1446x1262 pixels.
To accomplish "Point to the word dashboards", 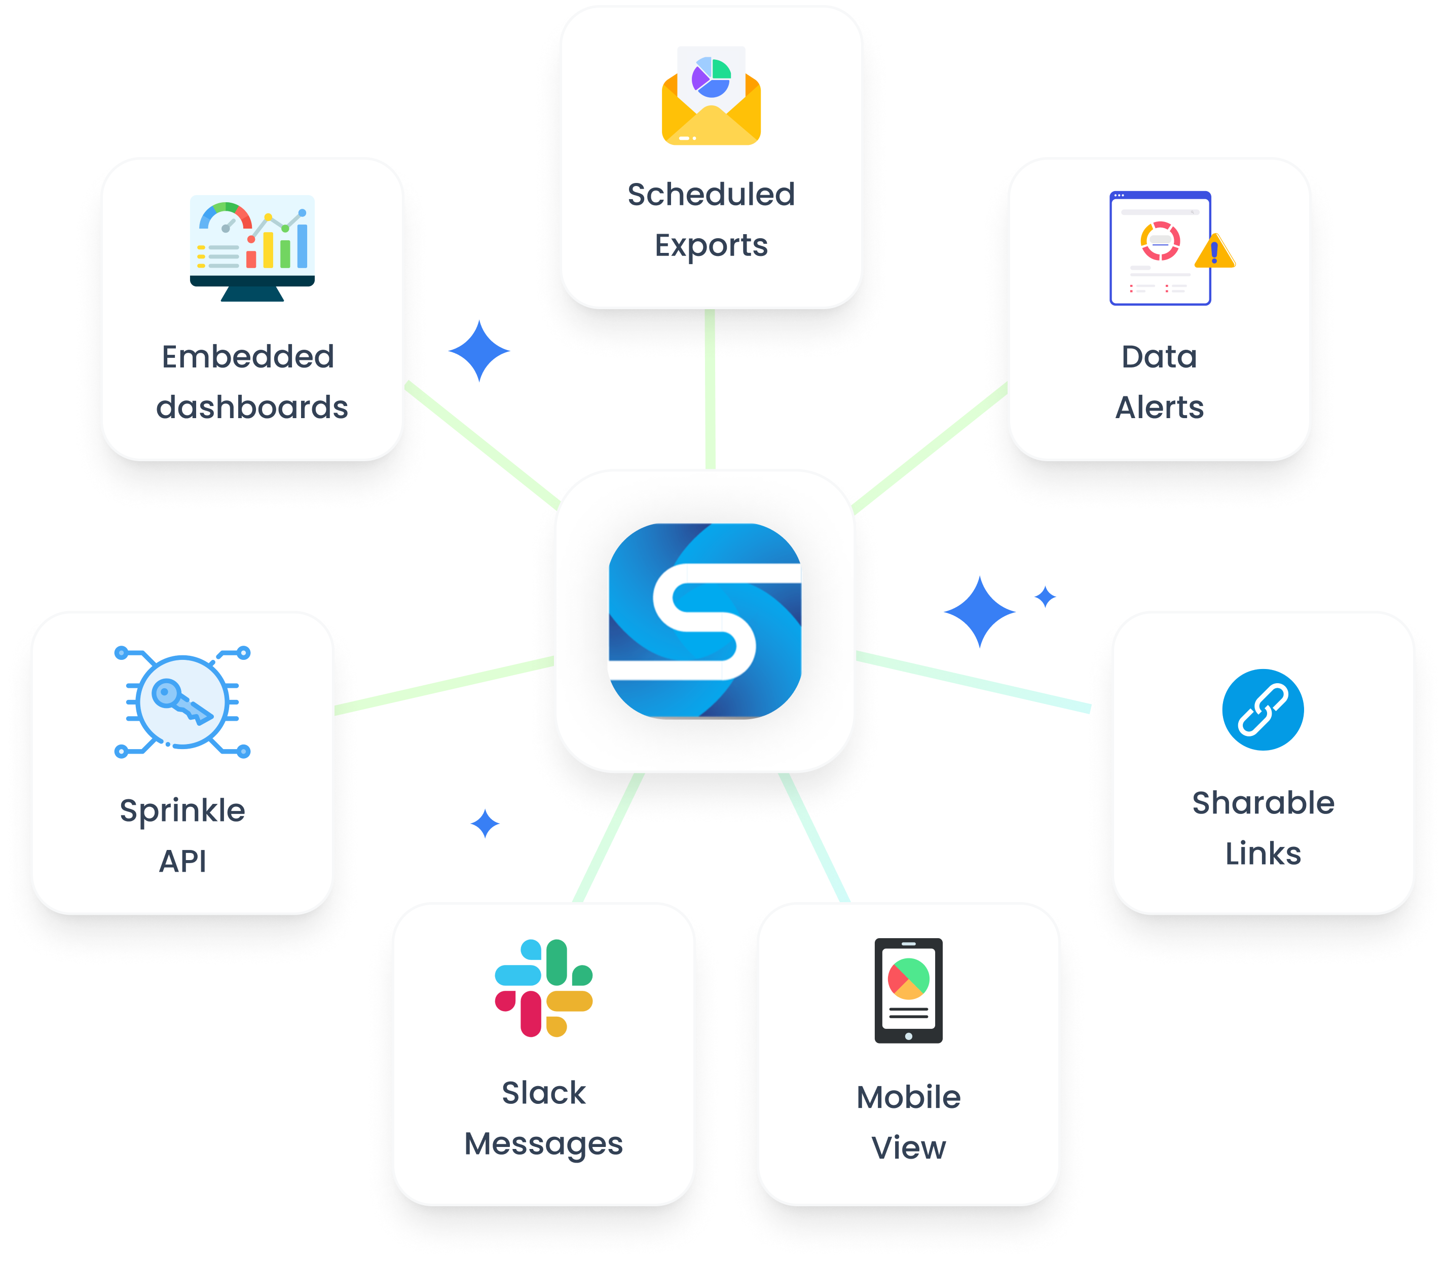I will (x=252, y=407).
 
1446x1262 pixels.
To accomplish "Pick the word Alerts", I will (x=1159, y=407).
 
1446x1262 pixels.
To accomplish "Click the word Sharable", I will (x=1263, y=803).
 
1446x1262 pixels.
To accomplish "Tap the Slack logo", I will (x=544, y=988).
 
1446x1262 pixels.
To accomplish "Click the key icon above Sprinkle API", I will (x=182, y=701).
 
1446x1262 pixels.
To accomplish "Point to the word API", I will (x=182, y=861).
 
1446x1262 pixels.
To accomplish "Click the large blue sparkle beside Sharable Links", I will (x=979, y=611).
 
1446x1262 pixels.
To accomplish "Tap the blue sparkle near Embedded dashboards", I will (x=479, y=351).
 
